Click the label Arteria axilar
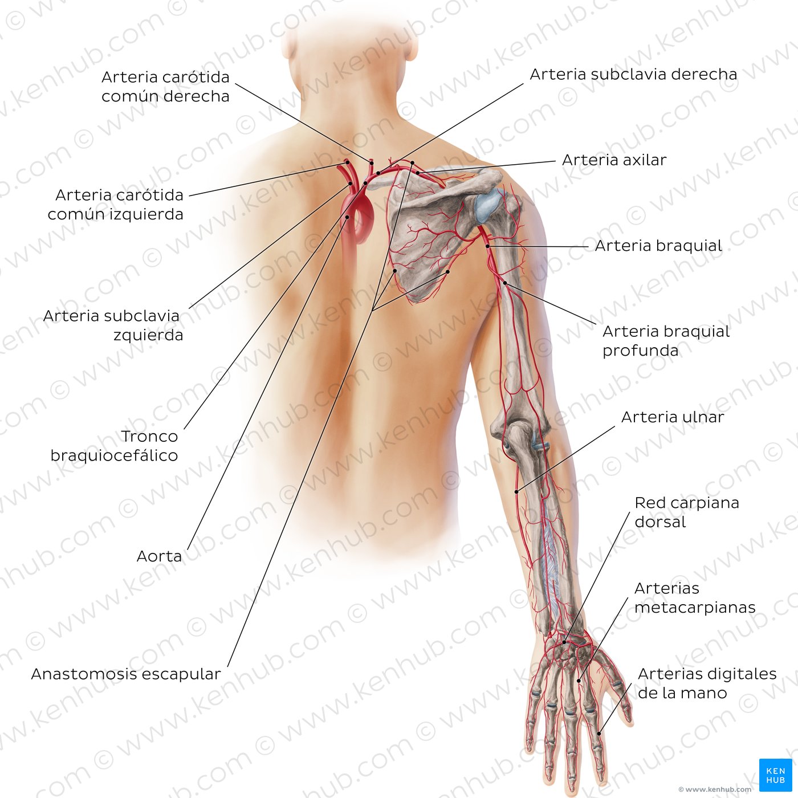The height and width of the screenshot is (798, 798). [x=614, y=160]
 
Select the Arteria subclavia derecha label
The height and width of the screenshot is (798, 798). [x=633, y=74]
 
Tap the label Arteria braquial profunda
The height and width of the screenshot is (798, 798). [x=666, y=341]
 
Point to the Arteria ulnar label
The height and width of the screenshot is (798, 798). [x=673, y=417]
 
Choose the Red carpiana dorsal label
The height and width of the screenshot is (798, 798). [x=687, y=512]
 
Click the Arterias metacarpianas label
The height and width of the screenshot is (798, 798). [x=695, y=598]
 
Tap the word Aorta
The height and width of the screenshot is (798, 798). [x=159, y=556]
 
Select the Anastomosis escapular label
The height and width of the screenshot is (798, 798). [x=126, y=674]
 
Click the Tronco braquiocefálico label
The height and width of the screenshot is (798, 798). [x=115, y=446]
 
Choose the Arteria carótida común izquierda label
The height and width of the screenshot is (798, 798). [x=115, y=205]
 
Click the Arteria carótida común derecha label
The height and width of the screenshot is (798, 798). [x=165, y=87]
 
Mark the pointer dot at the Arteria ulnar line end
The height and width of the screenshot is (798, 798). [x=516, y=492]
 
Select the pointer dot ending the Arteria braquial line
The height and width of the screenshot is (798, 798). [x=488, y=246]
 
